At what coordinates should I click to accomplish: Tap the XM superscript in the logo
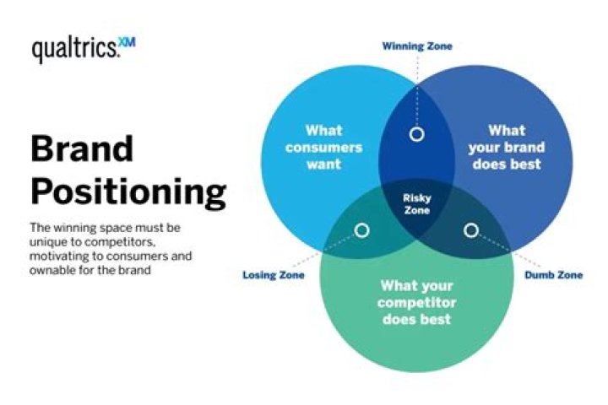(x=126, y=41)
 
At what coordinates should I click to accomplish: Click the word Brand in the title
(x=81, y=150)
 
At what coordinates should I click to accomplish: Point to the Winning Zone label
(x=417, y=46)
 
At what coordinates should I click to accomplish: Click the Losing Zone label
(x=274, y=275)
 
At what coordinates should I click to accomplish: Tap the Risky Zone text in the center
(x=416, y=203)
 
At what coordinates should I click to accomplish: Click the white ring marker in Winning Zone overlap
(x=416, y=134)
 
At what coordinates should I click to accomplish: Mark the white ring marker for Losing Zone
(x=361, y=230)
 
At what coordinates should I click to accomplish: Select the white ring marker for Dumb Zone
(x=471, y=230)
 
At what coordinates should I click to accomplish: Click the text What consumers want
(x=323, y=147)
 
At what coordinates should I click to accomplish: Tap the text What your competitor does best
(x=416, y=302)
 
